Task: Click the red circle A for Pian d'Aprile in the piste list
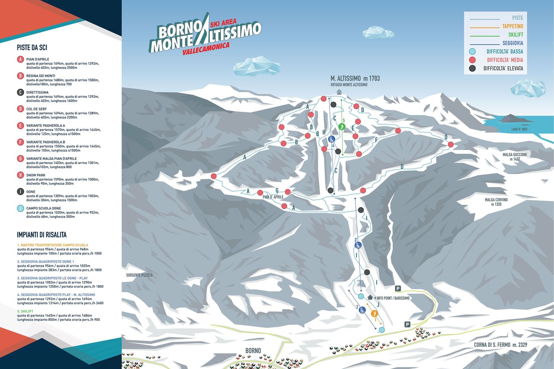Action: pos(21,59)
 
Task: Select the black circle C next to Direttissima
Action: pos(21,93)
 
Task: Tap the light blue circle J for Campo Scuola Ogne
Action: pos(21,208)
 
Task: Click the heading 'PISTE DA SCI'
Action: pos(32,48)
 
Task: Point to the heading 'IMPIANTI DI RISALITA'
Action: pos(42,235)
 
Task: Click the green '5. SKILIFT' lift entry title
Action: pos(25,311)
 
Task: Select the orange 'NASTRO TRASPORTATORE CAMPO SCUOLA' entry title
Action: pos(53,245)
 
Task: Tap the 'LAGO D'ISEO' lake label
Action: pos(519,129)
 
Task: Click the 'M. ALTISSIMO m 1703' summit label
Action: pos(355,78)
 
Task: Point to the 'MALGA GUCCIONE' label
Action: pos(515,155)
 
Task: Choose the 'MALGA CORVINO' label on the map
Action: pos(496,200)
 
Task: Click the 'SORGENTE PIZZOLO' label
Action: pos(139,275)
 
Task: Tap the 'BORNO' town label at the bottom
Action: pos(253,350)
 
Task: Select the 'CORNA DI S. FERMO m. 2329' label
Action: pos(501,345)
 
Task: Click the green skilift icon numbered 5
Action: pos(343,127)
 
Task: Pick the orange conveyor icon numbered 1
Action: pos(375,313)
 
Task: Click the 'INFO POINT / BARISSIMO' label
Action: pos(393,298)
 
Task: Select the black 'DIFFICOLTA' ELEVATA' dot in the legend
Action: pos(472,68)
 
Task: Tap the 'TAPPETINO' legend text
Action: pos(512,26)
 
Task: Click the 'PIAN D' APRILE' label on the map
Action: pos(273,197)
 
